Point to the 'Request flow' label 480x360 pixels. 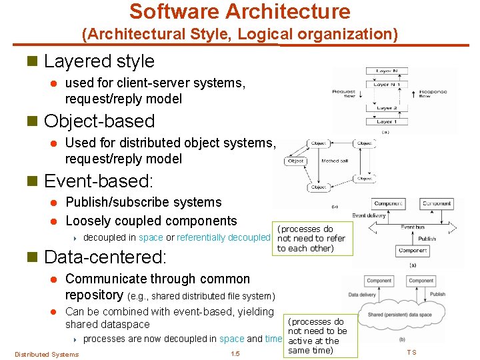(x=344, y=94)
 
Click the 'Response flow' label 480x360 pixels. (x=434, y=94)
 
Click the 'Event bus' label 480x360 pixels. (x=413, y=227)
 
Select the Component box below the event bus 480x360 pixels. (x=413, y=251)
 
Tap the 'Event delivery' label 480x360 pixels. (x=369, y=215)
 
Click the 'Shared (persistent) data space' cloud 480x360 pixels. (x=400, y=315)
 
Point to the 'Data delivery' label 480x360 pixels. (x=363, y=294)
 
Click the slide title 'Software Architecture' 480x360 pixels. (x=239, y=11)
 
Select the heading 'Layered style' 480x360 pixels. (x=99, y=61)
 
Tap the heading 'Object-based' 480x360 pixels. (x=99, y=121)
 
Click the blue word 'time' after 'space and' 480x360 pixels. (x=273, y=339)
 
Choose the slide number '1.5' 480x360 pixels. (x=235, y=354)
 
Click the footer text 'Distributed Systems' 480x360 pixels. (x=46, y=354)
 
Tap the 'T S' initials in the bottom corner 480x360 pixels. (x=411, y=352)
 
